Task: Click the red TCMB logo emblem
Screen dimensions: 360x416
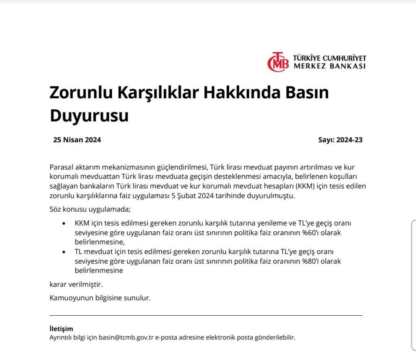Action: (278, 63)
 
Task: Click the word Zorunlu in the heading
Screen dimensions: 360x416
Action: (80, 93)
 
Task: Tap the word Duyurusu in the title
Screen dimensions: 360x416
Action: (89, 115)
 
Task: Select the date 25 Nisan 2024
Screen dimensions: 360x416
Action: (77, 140)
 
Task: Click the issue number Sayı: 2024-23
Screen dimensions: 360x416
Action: (340, 140)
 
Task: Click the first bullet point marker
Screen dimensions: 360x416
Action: (63, 224)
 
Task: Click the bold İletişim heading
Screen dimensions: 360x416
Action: (61, 329)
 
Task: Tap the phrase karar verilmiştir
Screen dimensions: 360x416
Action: (76, 284)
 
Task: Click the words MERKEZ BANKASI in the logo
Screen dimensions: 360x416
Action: (329, 66)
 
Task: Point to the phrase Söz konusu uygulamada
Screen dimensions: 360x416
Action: (90, 210)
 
